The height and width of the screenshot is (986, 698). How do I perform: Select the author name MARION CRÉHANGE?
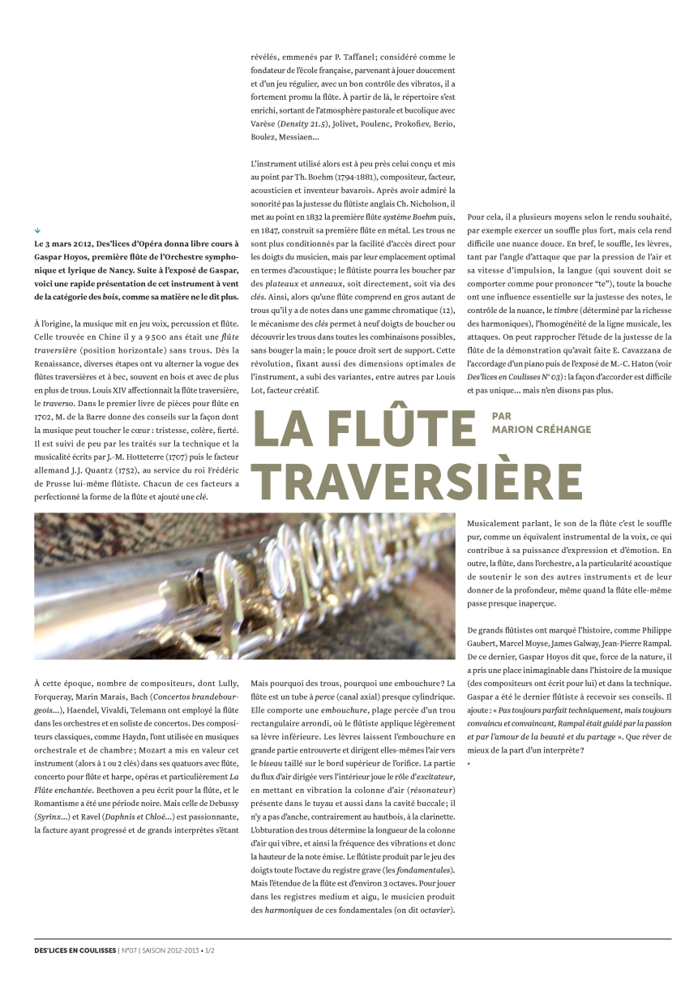coord(541,429)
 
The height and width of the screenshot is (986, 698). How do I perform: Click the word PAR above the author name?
coord(502,416)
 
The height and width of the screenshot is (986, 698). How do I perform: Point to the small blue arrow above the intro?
coord(37,230)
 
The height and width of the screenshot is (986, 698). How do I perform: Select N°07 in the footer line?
coord(130,950)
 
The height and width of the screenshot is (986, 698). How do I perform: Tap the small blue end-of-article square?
coord(469,765)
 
